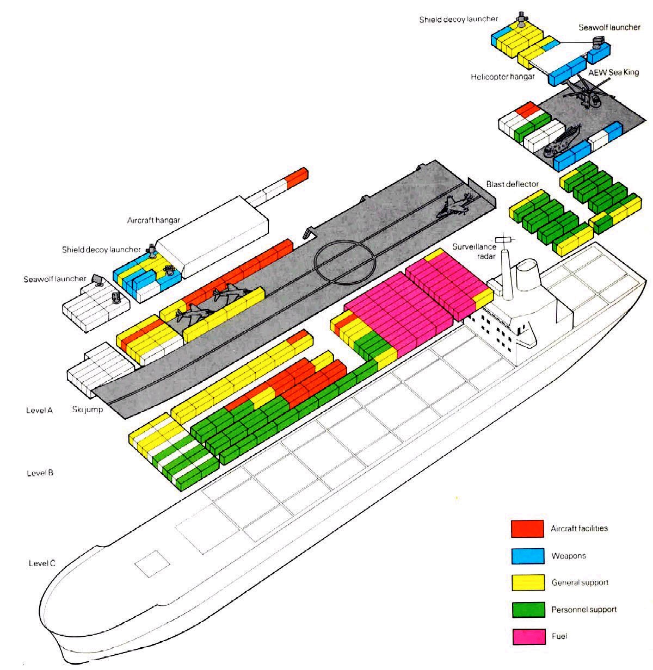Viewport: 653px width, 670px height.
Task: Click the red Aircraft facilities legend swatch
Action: [527, 529]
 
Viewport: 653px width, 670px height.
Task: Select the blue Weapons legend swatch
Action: [527, 556]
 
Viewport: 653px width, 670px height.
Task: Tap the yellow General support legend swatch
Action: [528, 582]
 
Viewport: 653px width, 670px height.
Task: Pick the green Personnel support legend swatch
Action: [528, 610]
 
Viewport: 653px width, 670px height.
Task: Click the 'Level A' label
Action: [39, 410]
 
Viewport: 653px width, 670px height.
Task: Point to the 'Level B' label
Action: [40, 473]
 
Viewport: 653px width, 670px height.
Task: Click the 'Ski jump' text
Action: [88, 410]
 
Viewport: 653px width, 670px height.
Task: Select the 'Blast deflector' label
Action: [512, 184]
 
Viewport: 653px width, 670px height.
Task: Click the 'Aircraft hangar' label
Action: [153, 220]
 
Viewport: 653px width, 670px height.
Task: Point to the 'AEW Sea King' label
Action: [613, 73]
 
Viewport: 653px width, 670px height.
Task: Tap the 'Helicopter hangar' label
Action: [502, 77]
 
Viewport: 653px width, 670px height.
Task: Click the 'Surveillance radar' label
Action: [474, 251]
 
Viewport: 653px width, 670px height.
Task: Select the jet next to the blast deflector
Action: [454, 206]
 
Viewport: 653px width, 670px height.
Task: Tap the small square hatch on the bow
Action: [152, 563]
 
